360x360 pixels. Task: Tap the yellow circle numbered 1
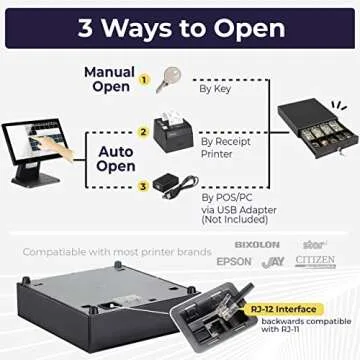pos(143,78)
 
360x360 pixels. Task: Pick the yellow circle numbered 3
pos(143,184)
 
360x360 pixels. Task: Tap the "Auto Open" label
pos(116,159)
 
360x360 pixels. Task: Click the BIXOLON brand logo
pos(257,244)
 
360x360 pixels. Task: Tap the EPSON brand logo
pos(234,261)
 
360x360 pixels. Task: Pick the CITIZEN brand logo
pos(315,260)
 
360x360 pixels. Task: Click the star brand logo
pos(312,243)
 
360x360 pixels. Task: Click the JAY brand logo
pos(273,262)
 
